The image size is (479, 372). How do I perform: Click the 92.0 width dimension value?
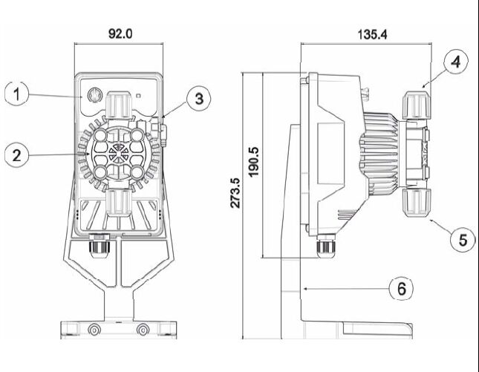pos(120,33)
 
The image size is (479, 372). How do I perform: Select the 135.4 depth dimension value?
pos(372,34)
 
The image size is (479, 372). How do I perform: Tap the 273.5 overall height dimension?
pos(235,193)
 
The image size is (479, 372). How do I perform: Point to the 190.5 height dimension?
pos(253,162)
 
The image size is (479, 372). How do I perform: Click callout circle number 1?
pos(17,94)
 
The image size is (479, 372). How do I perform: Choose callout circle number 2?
pos(17,155)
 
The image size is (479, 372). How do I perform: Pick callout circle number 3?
pos(199,99)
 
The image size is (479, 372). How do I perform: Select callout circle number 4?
pos(456,62)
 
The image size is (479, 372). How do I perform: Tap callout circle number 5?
pos(463,239)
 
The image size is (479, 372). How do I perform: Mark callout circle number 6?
pos(401,288)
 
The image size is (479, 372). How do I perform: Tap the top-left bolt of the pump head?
pos(100,135)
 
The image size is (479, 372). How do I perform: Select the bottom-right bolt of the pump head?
pos(137,172)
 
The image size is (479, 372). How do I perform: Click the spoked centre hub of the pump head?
pos(119,153)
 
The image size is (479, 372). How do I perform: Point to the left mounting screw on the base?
pos(94,330)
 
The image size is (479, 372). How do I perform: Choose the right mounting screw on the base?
pos(143,330)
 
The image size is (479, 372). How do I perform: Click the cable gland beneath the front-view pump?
pos(99,245)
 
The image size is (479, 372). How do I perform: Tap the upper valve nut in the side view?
pos(417,105)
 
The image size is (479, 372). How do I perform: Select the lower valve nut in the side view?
pos(417,203)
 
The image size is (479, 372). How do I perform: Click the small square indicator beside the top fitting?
pos(138,96)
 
